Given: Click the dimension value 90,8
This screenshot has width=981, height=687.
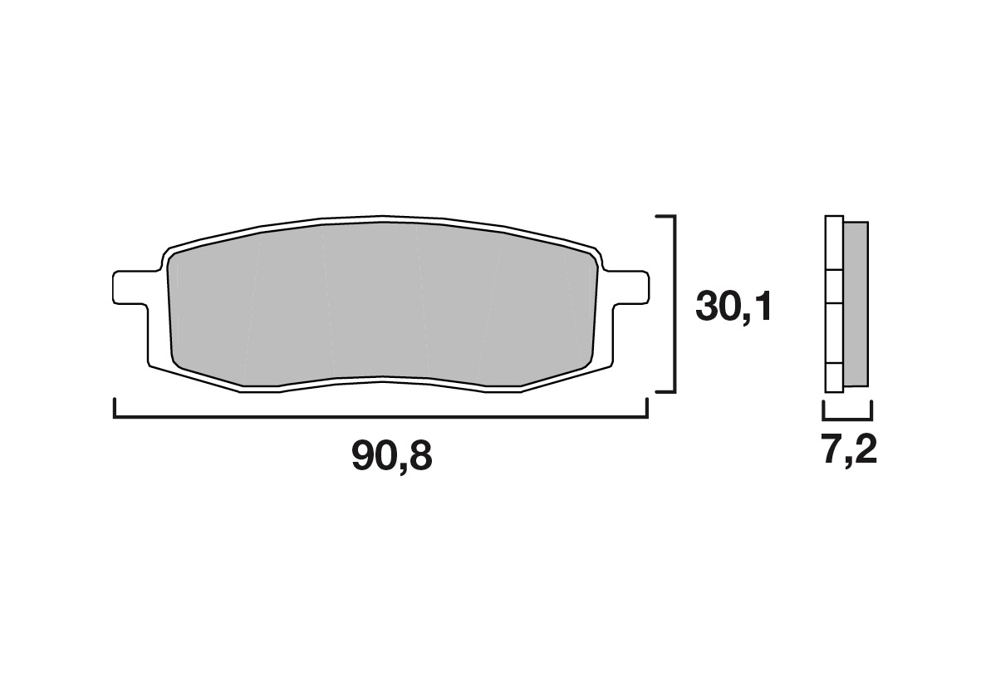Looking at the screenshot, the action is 391,455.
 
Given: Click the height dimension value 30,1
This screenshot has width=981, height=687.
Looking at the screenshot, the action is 733,307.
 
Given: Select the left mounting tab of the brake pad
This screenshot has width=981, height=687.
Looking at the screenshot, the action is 130,287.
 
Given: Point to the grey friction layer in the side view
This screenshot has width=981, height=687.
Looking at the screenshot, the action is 856,303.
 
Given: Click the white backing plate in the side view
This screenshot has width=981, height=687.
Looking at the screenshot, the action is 835,304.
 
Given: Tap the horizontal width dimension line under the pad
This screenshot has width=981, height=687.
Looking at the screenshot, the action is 380,416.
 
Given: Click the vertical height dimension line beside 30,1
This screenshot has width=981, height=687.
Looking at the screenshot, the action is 674,304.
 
